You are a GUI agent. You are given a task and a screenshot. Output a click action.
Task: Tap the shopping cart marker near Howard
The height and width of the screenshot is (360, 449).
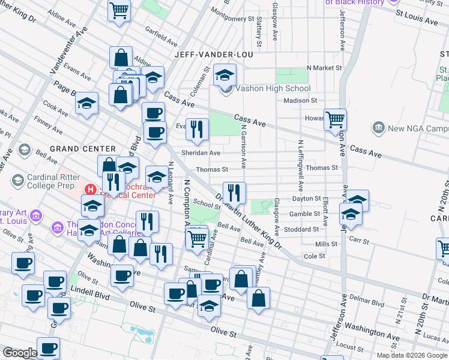[x=335, y=119]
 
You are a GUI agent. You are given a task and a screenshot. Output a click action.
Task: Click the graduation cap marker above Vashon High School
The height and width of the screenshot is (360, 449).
[x=225, y=75]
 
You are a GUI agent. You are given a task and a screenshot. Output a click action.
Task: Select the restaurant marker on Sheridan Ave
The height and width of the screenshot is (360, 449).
[x=197, y=129]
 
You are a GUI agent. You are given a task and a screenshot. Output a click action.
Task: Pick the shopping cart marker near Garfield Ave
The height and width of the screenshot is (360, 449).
[x=119, y=10]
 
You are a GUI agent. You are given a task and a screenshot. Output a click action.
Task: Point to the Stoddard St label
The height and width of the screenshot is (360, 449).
[x=302, y=229]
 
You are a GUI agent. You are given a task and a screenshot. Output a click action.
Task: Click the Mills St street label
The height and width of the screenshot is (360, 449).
[x=327, y=244]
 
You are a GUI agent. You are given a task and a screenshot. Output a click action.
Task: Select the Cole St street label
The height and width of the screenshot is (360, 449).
[x=315, y=256]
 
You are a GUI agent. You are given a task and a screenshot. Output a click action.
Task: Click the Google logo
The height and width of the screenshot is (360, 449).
[x=20, y=353]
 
